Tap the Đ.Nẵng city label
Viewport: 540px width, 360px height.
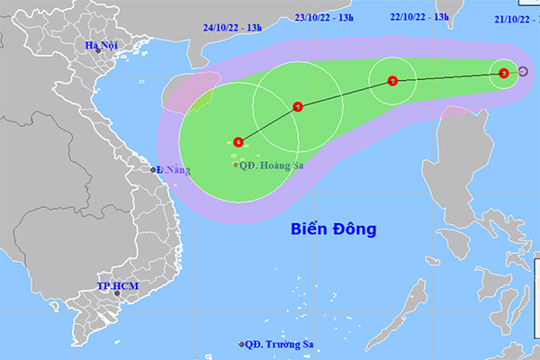174,169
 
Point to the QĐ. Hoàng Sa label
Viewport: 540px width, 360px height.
271,165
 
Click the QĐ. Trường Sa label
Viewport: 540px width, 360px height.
275,345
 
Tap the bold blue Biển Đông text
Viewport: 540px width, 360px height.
334,229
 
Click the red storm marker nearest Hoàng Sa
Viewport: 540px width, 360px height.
238,141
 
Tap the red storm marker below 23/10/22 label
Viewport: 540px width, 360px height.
298,106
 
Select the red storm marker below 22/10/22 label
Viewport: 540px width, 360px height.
392,81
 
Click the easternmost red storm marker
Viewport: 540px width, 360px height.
504,73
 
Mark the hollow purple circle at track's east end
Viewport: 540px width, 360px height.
524,72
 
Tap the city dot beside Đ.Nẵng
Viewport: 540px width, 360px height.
153,169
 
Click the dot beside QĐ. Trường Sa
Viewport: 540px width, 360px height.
242,345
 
